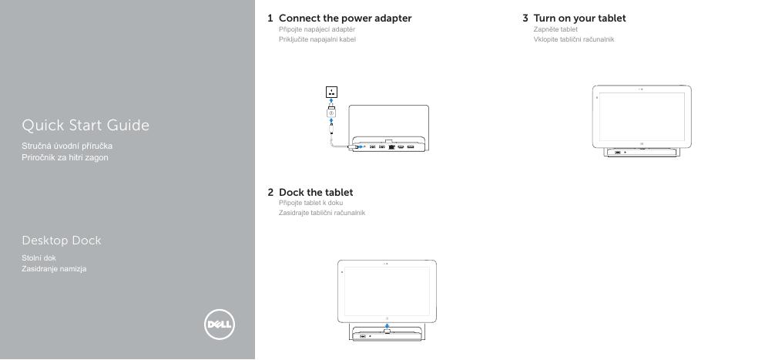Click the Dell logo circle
coord(220,325)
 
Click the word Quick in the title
coord(43,126)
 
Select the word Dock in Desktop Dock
coord(87,241)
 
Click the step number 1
coord(270,19)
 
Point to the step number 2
coord(270,193)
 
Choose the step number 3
coord(525,19)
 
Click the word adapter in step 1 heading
coord(393,19)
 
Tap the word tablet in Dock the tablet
coord(337,193)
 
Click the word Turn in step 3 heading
coord(545,19)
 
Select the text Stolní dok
coord(39,258)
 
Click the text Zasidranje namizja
coord(54,269)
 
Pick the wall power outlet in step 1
coord(332,92)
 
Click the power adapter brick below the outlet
coord(331,112)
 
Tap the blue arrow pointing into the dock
coord(361,146)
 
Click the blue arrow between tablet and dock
coord(387,325)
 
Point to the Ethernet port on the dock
coord(391,146)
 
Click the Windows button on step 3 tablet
coord(642,145)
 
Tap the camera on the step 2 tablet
coord(387,264)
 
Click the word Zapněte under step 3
coord(544,29)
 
